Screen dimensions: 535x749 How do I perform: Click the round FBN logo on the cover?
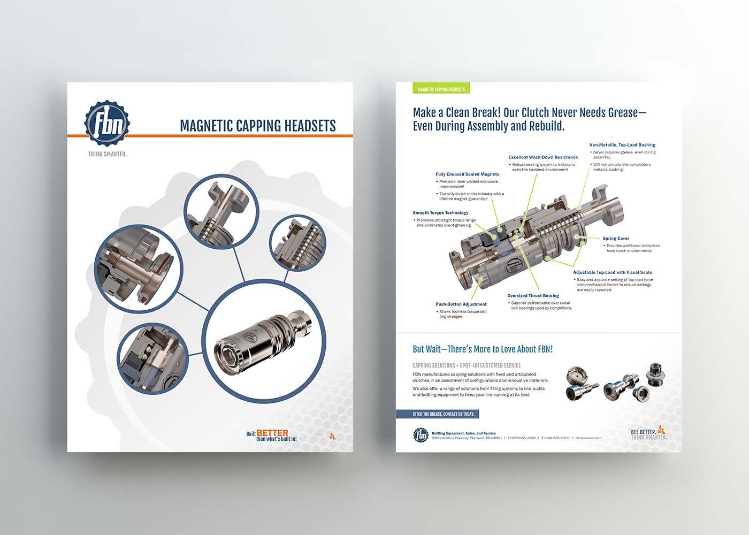pos(108,124)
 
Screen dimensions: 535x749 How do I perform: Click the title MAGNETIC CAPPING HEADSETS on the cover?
pos(257,126)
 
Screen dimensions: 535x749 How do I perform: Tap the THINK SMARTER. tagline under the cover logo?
pos(108,154)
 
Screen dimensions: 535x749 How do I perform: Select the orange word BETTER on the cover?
pos(272,433)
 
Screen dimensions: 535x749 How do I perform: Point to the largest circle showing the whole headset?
pos(266,342)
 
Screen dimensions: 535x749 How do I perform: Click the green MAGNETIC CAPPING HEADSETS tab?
pos(441,89)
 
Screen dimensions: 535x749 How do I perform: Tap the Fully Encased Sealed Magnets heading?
pos(467,174)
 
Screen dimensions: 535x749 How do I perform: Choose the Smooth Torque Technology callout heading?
pos(440,213)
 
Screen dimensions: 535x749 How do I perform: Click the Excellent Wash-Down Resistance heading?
pos(543,157)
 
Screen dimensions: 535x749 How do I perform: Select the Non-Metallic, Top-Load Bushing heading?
pos(622,145)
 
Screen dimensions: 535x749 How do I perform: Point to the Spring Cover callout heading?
pos(616,239)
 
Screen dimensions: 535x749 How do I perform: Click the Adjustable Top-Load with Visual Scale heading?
pos(613,272)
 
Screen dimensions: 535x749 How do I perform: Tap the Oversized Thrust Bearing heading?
pos(533,296)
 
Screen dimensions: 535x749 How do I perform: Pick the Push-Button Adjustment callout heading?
pos(461,304)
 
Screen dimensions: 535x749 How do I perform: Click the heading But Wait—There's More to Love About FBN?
pos(483,349)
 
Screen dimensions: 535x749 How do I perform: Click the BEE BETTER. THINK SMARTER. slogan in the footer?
pos(648,434)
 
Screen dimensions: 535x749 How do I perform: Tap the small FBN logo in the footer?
pos(421,435)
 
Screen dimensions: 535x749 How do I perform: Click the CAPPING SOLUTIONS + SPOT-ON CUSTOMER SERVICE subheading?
pos(467,365)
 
